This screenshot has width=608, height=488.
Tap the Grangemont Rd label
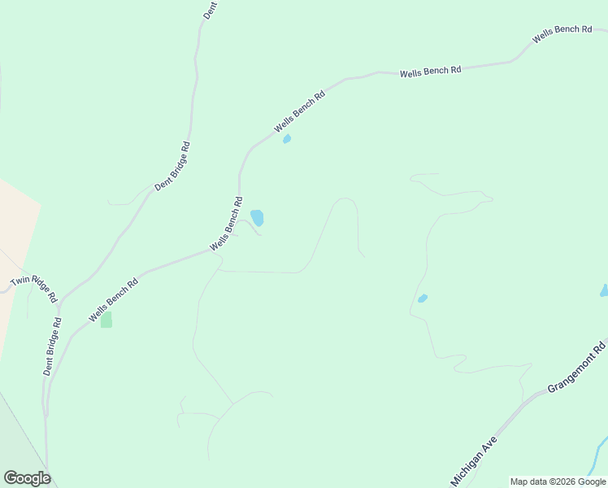tap(577, 366)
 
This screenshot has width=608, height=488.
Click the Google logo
tap(27, 478)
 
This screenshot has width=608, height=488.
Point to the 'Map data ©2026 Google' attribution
tap(558, 481)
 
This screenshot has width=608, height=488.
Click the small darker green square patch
tap(106, 320)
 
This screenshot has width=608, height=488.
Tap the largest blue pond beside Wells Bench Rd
tap(257, 217)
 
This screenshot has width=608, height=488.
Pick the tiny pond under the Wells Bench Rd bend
tap(286, 139)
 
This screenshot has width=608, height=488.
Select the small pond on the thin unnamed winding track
tap(422, 298)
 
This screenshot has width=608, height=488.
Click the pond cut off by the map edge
tap(604, 290)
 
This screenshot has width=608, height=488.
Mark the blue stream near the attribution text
tap(600, 452)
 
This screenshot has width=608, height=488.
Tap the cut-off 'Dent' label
tap(208, 10)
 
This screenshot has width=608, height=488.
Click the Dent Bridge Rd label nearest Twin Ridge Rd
tap(53, 345)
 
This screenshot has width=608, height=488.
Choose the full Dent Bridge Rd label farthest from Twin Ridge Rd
tap(172, 166)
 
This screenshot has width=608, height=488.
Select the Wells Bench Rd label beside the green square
tap(113, 299)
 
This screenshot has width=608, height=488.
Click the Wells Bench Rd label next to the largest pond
tap(227, 223)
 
